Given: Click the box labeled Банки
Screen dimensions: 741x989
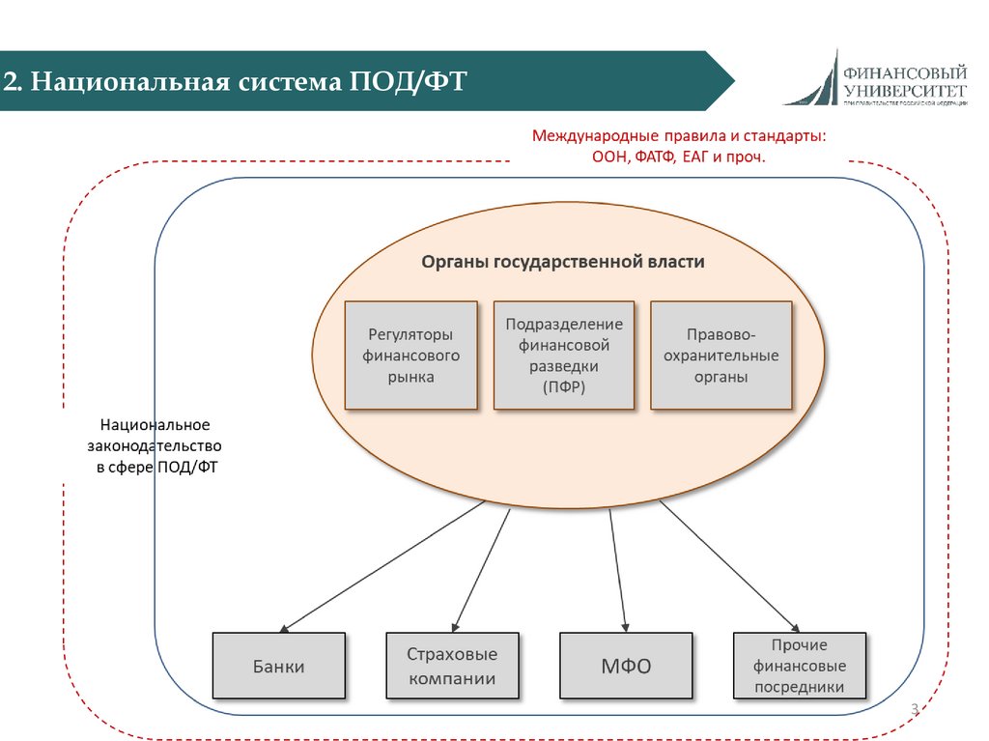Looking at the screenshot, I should pos(278,666).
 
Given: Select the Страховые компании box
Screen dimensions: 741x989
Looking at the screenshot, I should pos(452,666).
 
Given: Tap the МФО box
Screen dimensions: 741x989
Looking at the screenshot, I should pos(626,666).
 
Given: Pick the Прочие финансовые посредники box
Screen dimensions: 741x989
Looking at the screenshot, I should pos(800,666).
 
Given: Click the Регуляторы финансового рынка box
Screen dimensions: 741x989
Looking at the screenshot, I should pos(410,356).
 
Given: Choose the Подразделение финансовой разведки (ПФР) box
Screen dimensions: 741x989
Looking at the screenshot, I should pos(564,356).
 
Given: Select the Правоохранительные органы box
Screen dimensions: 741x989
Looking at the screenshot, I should pos(721,356).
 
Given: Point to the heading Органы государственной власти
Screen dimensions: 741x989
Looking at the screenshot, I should pos(563,262).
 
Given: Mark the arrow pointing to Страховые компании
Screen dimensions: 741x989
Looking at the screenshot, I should pos(481,570).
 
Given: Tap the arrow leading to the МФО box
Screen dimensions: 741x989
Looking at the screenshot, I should pos(618,570).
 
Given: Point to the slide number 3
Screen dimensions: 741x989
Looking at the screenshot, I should pos(913,712).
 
